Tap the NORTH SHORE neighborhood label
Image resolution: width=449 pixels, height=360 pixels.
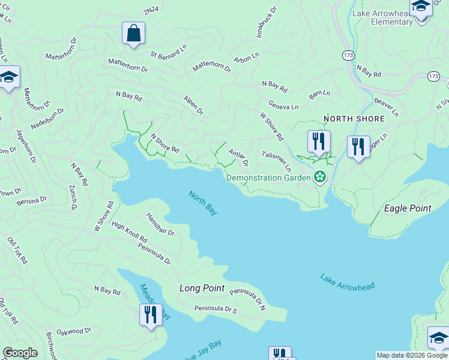coord(354,119)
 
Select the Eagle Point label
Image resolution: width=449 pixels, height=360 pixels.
coord(408,208)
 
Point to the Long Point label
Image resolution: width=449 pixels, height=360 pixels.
coord(202,288)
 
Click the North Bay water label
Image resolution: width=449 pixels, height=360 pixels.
coord(202,203)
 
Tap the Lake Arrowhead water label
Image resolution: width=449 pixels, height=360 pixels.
coord(348,283)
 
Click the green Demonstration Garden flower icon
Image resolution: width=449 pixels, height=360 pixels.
coord(321,176)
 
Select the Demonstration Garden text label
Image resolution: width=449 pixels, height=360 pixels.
coord(268,178)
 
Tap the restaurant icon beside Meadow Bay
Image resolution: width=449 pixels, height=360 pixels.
coord(150,314)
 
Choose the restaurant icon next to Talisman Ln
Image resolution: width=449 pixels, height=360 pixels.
coord(319,142)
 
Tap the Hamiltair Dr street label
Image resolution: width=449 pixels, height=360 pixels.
coord(160,224)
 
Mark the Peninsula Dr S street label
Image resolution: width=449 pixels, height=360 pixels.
coord(215,309)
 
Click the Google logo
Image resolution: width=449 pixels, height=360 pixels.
coord(20,353)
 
